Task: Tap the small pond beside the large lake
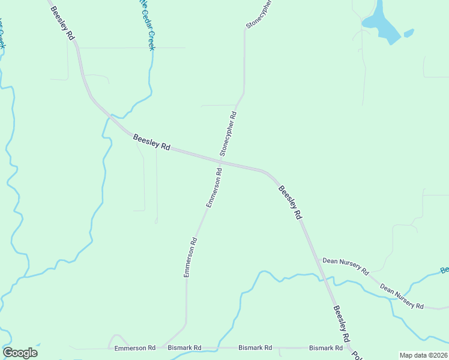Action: coord(409,33)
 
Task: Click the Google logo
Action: coord(20,353)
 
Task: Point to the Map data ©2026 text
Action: coord(423,355)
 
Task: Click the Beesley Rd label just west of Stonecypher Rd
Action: coord(152,142)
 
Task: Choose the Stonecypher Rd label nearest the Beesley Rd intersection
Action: coord(228,134)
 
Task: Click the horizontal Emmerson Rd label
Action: coord(135,347)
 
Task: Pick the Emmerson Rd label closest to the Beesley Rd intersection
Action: coord(214,188)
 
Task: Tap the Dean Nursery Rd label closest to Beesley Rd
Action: coord(345,266)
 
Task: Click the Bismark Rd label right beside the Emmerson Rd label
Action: coord(185,347)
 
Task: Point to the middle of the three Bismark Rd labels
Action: coord(255,347)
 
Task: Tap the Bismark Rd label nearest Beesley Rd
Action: coord(326,347)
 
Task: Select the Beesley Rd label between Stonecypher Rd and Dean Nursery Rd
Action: coord(289,202)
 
